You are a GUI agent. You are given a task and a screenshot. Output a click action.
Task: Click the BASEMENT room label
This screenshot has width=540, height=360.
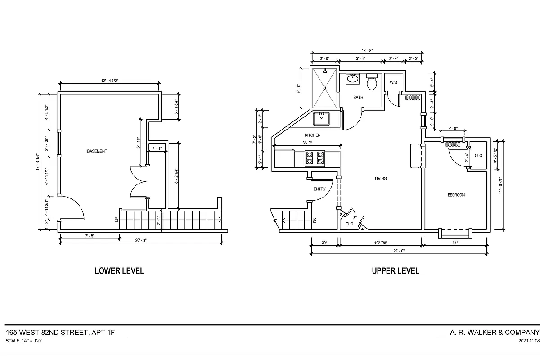pos(97,151)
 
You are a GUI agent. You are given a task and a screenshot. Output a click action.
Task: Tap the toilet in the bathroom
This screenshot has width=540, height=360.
pos(372,82)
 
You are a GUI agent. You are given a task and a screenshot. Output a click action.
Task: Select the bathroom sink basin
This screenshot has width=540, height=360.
pos(352,79)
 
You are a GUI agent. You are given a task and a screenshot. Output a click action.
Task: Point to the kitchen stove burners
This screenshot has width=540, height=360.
pos(315,158)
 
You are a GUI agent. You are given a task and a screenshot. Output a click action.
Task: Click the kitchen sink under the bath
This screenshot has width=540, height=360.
pos(322,119)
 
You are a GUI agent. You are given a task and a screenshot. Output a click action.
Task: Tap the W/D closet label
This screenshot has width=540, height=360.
pos(393,83)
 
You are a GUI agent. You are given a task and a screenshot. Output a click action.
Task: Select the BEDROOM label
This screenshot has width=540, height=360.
pos(456,195)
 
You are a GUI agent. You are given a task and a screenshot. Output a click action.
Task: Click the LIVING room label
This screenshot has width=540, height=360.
pos(381,179)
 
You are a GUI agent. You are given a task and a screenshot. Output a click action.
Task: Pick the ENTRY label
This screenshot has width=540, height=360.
pos(319,189)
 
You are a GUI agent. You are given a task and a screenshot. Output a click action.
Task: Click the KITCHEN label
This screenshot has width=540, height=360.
pos(312,135)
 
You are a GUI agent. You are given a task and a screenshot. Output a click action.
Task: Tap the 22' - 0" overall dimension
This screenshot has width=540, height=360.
pos(398,251)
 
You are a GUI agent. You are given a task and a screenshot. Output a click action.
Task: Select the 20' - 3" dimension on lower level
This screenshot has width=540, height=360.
pos(141,240)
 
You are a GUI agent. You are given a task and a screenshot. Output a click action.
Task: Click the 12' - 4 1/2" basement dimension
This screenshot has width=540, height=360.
pos(109,81)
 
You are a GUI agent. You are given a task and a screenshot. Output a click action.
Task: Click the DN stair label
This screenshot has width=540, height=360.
pos(315,220)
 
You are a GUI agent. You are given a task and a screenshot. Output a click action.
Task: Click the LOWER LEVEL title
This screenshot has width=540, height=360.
pos(119,271)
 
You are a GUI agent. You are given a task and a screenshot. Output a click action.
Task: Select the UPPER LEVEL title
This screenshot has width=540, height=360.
pos(395,271)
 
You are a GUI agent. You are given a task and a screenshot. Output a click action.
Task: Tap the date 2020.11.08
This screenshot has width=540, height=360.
pos(529,341)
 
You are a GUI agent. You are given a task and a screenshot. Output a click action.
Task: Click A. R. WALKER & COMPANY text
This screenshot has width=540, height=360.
pos(495,333)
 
